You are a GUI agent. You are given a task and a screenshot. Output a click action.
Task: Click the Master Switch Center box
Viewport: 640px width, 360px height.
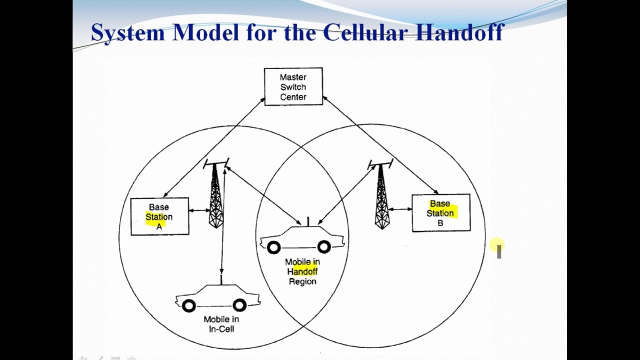click(x=293, y=86)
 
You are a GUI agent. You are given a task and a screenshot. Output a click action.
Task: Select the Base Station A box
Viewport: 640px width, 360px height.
click(x=159, y=216)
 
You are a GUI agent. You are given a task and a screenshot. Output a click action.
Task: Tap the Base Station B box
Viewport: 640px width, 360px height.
click(x=440, y=213)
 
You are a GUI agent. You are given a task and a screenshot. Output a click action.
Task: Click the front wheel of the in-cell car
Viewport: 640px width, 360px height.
click(x=188, y=305)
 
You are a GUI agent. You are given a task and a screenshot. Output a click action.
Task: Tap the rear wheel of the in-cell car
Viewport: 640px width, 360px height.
click(x=239, y=305)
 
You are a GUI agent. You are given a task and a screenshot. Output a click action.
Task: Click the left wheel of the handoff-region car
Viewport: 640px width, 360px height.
click(x=273, y=247)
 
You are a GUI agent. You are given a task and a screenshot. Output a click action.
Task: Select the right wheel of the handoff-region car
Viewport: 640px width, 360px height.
click(x=324, y=247)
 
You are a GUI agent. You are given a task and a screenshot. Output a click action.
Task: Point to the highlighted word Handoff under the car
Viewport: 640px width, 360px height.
click(x=304, y=271)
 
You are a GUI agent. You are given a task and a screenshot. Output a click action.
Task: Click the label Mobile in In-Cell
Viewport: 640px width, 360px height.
click(x=221, y=324)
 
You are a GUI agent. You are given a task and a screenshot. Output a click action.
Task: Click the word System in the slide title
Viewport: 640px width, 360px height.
click(x=127, y=33)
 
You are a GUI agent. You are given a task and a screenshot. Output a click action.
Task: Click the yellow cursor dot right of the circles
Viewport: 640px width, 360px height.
click(x=496, y=245)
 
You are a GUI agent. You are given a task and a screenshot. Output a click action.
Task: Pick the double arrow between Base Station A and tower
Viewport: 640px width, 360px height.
click(x=199, y=210)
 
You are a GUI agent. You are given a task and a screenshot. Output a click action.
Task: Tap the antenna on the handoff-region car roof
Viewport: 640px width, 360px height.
click(x=307, y=221)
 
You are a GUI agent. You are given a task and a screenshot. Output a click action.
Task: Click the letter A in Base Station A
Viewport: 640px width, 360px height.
click(x=159, y=226)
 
